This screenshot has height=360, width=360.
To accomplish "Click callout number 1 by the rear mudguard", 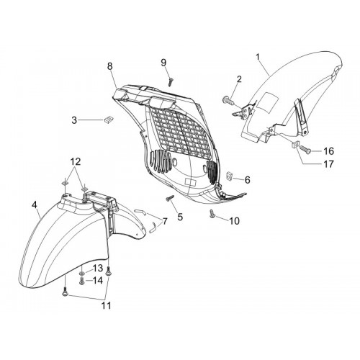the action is [x=258, y=57].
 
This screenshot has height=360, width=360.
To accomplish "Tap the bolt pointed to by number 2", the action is [x=228, y=99].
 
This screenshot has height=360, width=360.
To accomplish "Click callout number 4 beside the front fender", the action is [x=35, y=204].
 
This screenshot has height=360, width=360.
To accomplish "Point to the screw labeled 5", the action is [x=170, y=198].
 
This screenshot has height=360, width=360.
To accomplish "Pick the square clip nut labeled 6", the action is [x=230, y=176].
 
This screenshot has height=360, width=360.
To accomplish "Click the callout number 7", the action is [x=164, y=221].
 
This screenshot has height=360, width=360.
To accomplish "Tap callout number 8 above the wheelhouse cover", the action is [x=109, y=66].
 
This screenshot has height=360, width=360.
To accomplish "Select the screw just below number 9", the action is [x=171, y=81].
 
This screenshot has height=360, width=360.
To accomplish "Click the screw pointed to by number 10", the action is [x=212, y=214].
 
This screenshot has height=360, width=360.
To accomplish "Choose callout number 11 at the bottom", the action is [x=107, y=305].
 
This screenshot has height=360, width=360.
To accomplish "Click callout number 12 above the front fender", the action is [x=75, y=162].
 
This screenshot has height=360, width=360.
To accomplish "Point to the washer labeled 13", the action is [x=82, y=274].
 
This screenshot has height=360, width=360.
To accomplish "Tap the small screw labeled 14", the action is [x=82, y=281].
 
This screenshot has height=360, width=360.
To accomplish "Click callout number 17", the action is [x=328, y=164].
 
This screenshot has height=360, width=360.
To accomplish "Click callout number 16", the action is [x=328, y=151].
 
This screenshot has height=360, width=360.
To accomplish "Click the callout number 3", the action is [x=74, y=120].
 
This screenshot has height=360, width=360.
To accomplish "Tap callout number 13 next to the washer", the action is [x=98, y=269].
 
